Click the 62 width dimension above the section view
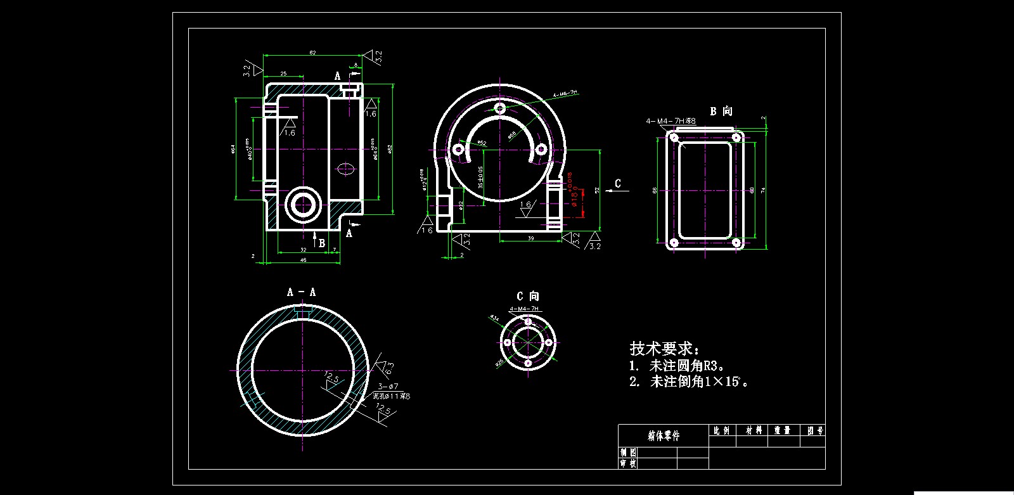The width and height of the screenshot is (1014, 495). pos(312,53)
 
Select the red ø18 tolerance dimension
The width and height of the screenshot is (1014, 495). pos(572,190)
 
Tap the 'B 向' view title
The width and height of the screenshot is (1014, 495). pos(721,112)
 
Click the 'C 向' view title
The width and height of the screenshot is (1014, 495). pos(527,296)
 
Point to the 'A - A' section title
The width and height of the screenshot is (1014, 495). pos(301,292)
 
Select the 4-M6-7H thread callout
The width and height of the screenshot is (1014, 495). pos(565,93)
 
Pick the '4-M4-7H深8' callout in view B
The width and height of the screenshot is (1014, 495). pos(671,120)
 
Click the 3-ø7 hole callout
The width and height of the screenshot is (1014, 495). pos(388,386)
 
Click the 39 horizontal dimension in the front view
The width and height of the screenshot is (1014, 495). pos(531,238)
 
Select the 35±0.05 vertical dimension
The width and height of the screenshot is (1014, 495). pos(481,177)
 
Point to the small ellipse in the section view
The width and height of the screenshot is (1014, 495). pos(345,169)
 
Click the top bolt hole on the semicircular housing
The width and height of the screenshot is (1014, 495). pos(500,108)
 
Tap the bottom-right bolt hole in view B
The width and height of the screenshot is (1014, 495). pos(736,242)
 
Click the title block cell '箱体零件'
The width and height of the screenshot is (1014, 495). pos(664,435)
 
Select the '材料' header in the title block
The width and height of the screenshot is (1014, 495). pos(754,430)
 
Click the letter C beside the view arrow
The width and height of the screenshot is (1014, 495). pos(619,184)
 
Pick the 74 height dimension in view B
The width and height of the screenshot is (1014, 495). pos(763,190)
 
